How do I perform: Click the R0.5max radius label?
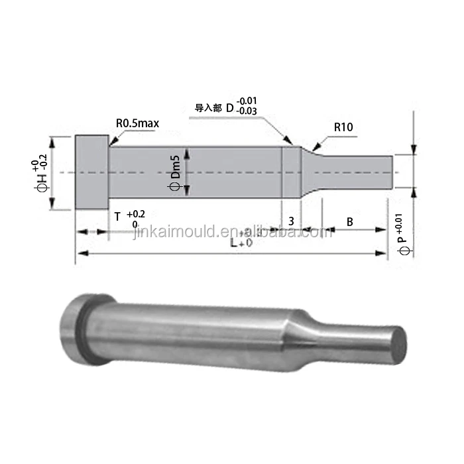coord(137,123)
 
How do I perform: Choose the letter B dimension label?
coord(349,222)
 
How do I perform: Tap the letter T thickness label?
coord(117,217)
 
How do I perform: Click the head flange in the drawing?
coord(92,172)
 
